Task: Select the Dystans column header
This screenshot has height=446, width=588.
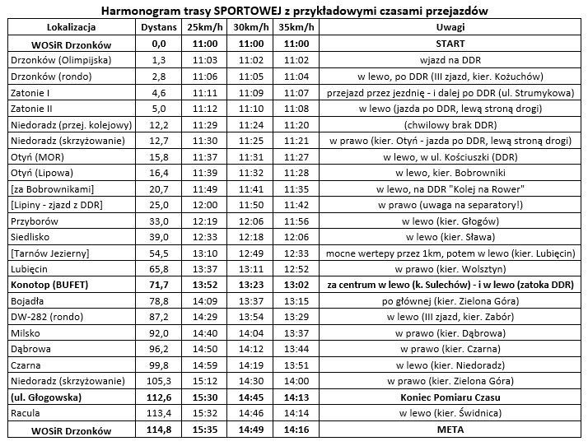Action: (x=160, y=27)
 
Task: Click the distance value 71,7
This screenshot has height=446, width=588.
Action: (x=160, y=284)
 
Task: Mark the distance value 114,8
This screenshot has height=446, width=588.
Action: (x=160, y=430)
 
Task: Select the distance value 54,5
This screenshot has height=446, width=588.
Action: (x=160, y=252)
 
